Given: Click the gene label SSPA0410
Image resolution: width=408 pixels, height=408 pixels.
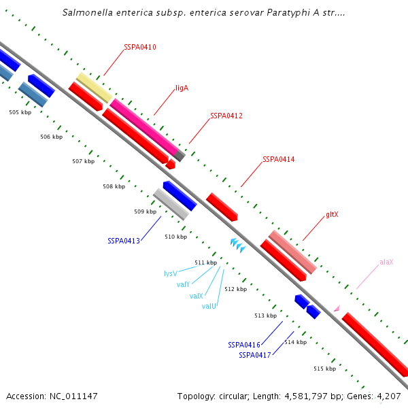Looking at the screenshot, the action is (140, 48).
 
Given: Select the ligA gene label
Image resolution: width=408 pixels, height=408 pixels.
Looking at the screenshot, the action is (182, 88).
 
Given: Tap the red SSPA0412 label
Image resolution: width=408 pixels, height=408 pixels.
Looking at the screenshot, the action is (226, 116).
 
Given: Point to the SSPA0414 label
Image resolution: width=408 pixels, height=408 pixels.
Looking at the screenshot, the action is (279, 159).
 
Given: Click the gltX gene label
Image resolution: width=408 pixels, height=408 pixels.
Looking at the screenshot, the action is (332, 214).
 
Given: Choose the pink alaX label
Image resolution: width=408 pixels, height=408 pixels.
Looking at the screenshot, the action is (386, 262).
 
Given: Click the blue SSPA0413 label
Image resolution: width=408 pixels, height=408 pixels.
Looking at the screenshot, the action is (124, 241).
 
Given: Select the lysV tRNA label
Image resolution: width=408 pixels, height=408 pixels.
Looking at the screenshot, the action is (171, 273).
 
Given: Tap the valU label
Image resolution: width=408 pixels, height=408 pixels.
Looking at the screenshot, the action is (209, 306).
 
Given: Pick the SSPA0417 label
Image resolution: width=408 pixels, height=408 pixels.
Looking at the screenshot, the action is (255, 355).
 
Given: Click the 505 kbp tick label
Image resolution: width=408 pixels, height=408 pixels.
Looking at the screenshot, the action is (20, 112).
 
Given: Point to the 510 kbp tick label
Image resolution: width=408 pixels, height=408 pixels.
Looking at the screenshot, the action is (175, 237).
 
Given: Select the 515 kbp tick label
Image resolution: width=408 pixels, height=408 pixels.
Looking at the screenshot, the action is (324, 369).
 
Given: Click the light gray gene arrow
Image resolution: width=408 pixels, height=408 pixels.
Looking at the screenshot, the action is (171, 204).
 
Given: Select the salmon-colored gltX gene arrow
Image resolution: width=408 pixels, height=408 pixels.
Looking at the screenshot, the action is (292, 252).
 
